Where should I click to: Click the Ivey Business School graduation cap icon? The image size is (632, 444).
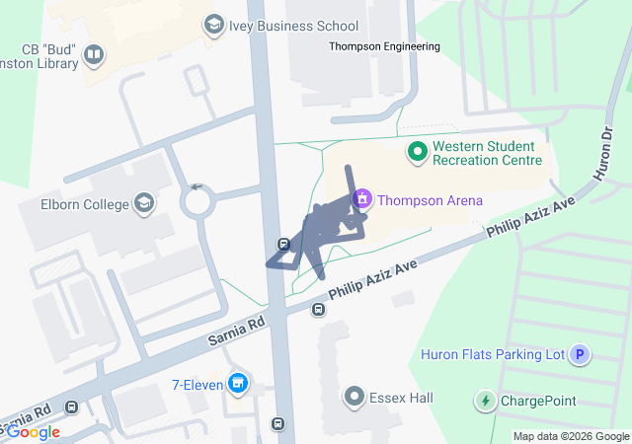212,25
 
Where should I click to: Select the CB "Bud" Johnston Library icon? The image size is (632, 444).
94,54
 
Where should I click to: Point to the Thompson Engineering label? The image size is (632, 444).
385,46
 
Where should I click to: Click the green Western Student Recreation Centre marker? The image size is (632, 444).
417,152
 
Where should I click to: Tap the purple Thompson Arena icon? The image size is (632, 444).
362,200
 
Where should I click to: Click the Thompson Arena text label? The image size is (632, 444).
431,200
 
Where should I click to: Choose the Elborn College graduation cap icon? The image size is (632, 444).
145,204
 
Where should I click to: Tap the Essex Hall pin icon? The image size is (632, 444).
355,398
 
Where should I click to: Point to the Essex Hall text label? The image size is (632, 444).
401,398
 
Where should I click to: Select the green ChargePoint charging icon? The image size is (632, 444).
485,401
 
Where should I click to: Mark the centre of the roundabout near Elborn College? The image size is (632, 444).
197,203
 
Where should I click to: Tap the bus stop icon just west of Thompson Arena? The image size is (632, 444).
283,244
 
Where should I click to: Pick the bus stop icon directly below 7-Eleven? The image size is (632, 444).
278,424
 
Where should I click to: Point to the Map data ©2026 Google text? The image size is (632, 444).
570,436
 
